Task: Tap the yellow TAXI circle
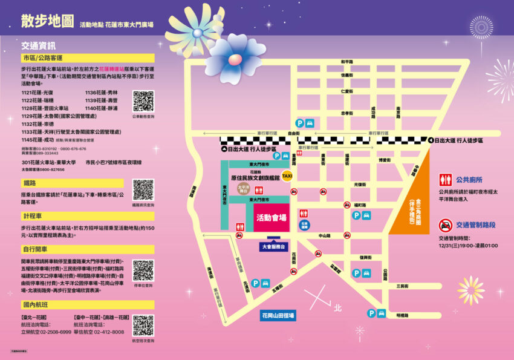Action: click(287, 176)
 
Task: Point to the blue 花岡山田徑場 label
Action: click(278, 315)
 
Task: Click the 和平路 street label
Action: click(346, 62)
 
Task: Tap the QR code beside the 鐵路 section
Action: click(143, 189)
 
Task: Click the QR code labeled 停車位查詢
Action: click(143, 270)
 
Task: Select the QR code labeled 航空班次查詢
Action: click(143, 325)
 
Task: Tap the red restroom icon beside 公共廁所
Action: click(446, 180)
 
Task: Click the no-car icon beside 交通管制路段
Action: click(446, 226)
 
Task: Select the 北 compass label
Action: click(337, 308)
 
